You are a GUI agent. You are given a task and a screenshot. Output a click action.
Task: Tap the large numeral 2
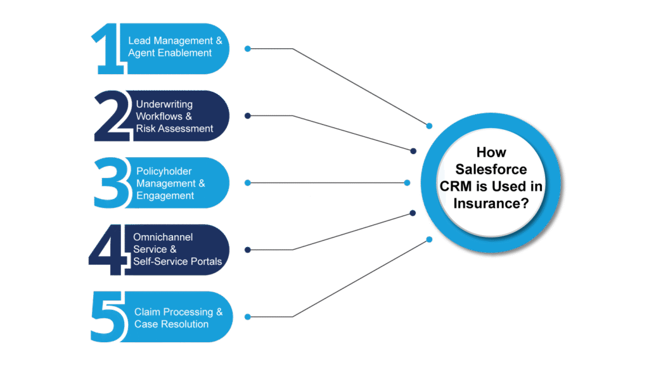tap(113, 116)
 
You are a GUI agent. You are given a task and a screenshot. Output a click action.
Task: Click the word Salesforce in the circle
tap(491, 170)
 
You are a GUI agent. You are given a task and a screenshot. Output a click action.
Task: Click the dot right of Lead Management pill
tap(248, 49)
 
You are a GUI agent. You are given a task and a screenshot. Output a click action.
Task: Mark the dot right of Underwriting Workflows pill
tap(248, 115)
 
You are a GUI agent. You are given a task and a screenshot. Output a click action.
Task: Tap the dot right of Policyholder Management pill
tap(248, 182)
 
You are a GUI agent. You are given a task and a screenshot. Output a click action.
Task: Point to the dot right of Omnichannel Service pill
tap(248, 250)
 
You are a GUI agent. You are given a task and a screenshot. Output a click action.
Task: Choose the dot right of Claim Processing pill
tap(248, 317)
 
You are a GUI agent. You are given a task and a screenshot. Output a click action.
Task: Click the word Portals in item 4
tap(205, 261)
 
